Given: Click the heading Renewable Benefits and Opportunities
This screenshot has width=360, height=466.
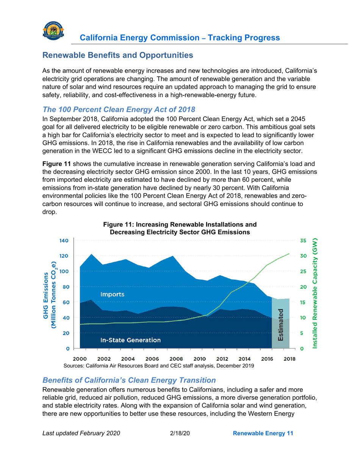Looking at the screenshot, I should [118, 55].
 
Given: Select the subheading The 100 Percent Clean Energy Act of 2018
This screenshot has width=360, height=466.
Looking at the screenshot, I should [119, 109].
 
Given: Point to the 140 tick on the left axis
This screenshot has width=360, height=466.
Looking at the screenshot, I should [63, 240].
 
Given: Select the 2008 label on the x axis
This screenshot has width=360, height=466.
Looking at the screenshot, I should [176, 358].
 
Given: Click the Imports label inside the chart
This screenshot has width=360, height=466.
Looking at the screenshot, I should [112, 294].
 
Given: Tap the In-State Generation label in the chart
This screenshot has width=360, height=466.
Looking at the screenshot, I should [130, 340].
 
